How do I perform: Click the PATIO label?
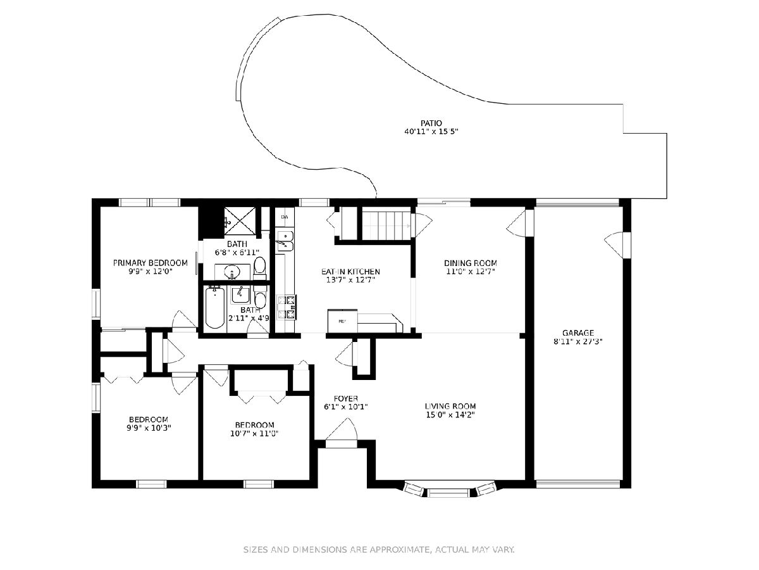coord(431,123)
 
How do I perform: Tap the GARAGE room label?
coord(578,333)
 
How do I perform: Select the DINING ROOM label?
coord(471,263)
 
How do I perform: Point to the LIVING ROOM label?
coord(450,406)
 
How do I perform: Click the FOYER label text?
coord(345,398)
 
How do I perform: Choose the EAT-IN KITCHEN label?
coord(350,272)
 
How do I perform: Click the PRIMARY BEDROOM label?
coord(150,263)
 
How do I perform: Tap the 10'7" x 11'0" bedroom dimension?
coord(254,433)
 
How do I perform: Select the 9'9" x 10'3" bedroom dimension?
coord(149,427)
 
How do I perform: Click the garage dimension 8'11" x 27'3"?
coord(578,341)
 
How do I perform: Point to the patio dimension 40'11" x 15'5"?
coord(431,132)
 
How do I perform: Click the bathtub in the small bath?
coord(214,307)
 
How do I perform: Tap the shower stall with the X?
coord(240,222)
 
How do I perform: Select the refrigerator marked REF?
coord(342,321)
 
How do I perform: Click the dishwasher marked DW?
coord(285,217)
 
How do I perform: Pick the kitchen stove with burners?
coord(287,307)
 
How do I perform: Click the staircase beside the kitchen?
coord(386,225)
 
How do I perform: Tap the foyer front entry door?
coord(342,433)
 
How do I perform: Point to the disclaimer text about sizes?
coord(379,549)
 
